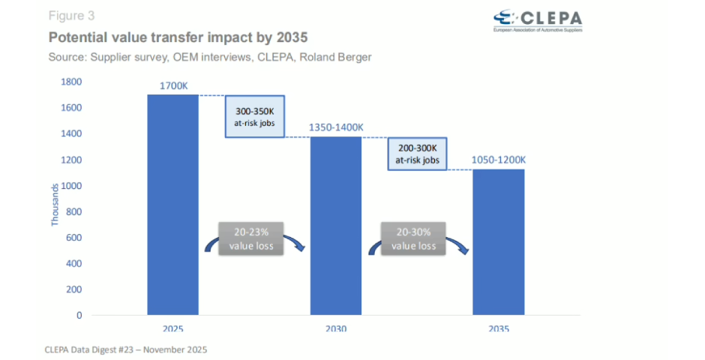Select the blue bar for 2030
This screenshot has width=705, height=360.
pyautogui.click(x=335, y=225)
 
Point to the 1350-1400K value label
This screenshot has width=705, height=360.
pyautogui.click(x=336, y=128)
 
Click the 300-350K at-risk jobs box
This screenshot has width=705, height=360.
pyautogui.click(x=254, y=117)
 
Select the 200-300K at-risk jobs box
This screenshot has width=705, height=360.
pyautogui.click(x=417, y=154)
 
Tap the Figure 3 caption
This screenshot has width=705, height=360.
pyautogui.click(x=72, y=15)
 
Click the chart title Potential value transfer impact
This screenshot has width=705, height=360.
pyautogui.click(x=178, y=37)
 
